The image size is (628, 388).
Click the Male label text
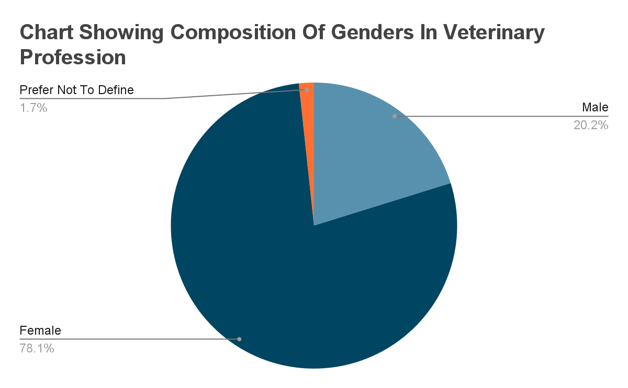pyautogui.click(x=595, y=108)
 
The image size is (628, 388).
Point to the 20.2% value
pyautogui.click(x=591, y=125)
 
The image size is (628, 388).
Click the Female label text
pyautogui.click(x=40, y=330)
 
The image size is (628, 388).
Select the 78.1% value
pyautogui.click(x=37, y=348)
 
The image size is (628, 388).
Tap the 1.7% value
pyautogui.click(x=33, y=108)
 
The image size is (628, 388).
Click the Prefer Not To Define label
pyautogui.click(x=76, y=90)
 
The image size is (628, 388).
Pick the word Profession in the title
pyautogui.click(x=73, y=57)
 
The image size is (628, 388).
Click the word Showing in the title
pyautogui.click(x=115, y=33)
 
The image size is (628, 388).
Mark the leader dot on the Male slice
pyautogui.click(x=395, y=116)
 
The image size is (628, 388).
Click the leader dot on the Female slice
pyautogui.click(x=239, y=339)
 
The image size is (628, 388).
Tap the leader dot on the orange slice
pyautogui.click(x=307, y=90)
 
